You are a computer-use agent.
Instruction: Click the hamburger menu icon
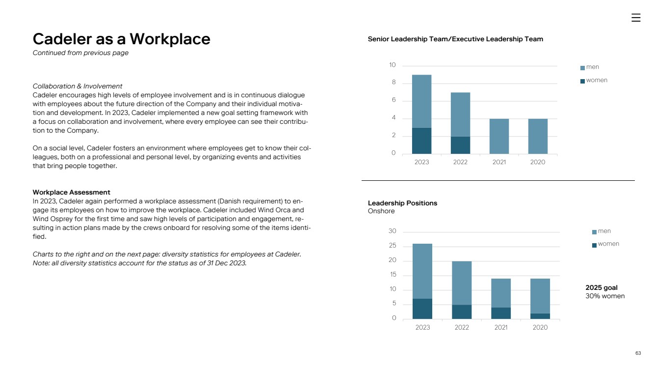pos(636,18)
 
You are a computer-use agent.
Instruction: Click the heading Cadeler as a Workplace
pos(121,39)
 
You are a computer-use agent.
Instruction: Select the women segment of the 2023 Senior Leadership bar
pos(421,141)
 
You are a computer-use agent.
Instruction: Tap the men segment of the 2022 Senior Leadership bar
pos(460,114)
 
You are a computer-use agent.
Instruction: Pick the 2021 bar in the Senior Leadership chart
pos(499,136)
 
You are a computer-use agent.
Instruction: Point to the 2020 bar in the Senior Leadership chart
pos(538,136)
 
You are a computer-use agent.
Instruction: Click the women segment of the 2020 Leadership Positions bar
pos(540,316)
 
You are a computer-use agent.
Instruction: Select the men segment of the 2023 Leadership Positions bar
pos(422,271)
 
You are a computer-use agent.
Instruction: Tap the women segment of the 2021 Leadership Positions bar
pos(501,313)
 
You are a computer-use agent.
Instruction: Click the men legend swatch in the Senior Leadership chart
pos(582,68)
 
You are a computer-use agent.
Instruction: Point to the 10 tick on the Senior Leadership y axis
pos(392,65)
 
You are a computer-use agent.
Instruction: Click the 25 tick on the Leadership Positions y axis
pos(392,246)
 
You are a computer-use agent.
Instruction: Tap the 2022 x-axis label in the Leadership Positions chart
pos(462,327)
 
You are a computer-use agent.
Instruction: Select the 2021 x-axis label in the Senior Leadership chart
pos(499,162)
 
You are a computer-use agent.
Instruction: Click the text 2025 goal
pos(602,287)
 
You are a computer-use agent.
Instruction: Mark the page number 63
pos(638,353)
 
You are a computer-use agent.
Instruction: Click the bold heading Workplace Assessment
pos(71,192)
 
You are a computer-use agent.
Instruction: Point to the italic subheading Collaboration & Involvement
pos(77,86)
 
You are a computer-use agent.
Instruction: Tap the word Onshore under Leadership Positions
pos(381,211)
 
